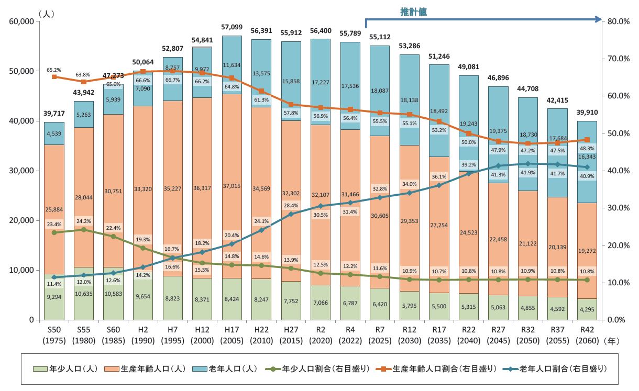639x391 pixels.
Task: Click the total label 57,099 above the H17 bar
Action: (232, 27)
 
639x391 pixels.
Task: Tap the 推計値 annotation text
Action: (414, 12)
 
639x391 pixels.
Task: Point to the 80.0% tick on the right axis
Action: (618, 21)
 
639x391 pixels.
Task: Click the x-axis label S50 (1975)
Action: (54, 335)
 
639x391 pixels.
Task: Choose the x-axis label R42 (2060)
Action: (587, 335)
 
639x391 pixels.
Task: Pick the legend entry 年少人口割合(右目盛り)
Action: (325, 369)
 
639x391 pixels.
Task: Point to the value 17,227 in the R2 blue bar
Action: (321, 82)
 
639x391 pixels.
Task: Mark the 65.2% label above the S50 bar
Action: (54, 70)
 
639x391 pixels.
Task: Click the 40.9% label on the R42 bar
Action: (587, 176)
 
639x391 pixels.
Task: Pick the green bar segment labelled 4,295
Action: (587, 309)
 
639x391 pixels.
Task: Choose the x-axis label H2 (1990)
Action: (143, 335)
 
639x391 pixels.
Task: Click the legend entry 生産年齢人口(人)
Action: (152, 369)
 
